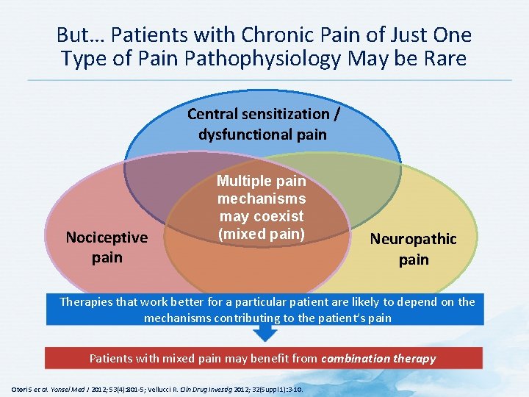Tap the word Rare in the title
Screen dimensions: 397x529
pos(444,59)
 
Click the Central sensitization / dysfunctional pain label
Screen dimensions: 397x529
pos(263,124)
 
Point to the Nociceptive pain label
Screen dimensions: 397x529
pos(107,247)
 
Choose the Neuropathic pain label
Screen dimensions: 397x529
pos(413,248)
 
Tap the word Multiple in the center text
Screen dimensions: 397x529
pos(261,181)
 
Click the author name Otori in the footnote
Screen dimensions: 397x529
pos(20,387)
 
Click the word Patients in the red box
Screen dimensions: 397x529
pos(112,359)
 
